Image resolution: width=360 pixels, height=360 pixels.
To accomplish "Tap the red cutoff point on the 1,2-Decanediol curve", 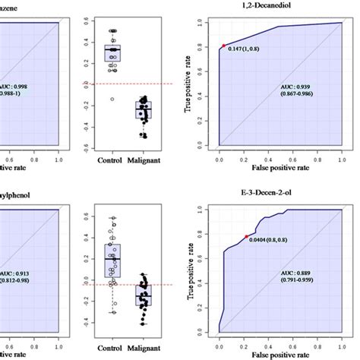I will coord(223,46).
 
